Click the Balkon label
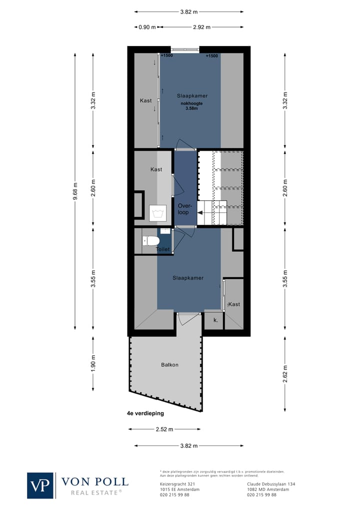[169, 365]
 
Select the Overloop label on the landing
[183, 208]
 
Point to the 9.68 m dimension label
[75, 190]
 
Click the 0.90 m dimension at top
[147, 27]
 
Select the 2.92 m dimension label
[201, 27]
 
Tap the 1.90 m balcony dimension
[93, 363]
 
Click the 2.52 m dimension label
[164, 429]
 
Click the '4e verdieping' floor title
[145, 413]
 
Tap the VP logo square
[40, 485]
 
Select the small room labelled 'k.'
[215, 320]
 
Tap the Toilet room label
[163, 249]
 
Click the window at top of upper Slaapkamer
[185, 49]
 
